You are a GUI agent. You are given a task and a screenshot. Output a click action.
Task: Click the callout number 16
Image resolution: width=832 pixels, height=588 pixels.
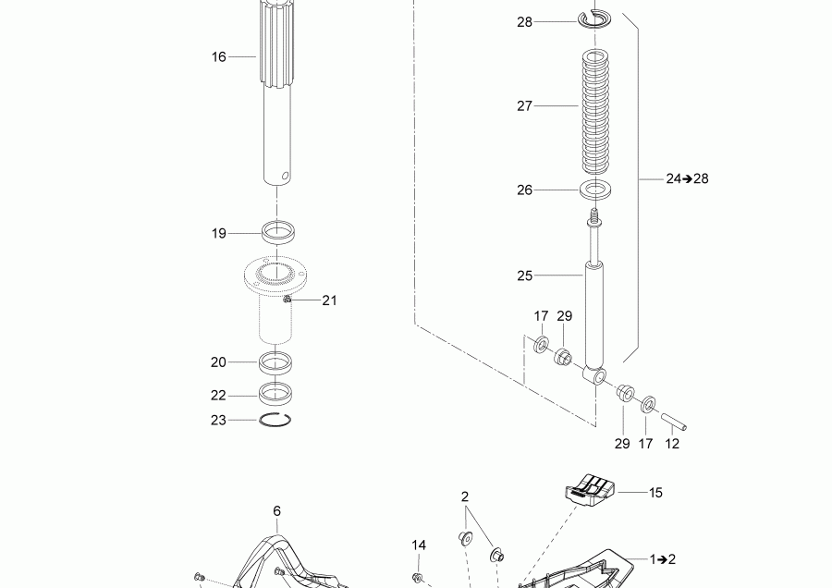tap(218, 57)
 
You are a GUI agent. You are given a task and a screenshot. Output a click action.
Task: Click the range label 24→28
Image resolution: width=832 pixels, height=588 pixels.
tap(686, 178)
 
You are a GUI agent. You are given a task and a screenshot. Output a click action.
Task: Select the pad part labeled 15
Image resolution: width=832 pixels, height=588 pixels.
tap(591, 487)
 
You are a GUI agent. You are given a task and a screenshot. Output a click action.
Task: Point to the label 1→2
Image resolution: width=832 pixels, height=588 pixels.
tap(662, 559)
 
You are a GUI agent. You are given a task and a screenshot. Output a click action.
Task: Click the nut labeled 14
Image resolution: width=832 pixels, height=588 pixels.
tap(418, 578)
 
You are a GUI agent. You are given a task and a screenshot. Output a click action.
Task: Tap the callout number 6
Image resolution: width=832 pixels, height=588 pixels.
tap(276, 510)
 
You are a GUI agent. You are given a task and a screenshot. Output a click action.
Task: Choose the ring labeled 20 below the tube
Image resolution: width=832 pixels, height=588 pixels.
tap(276, 361)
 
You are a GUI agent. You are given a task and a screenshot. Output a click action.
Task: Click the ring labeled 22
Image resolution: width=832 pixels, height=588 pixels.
tap(276, 392)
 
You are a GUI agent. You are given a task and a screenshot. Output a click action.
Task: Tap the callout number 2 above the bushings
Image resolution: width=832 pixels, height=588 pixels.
tap(465, 496)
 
